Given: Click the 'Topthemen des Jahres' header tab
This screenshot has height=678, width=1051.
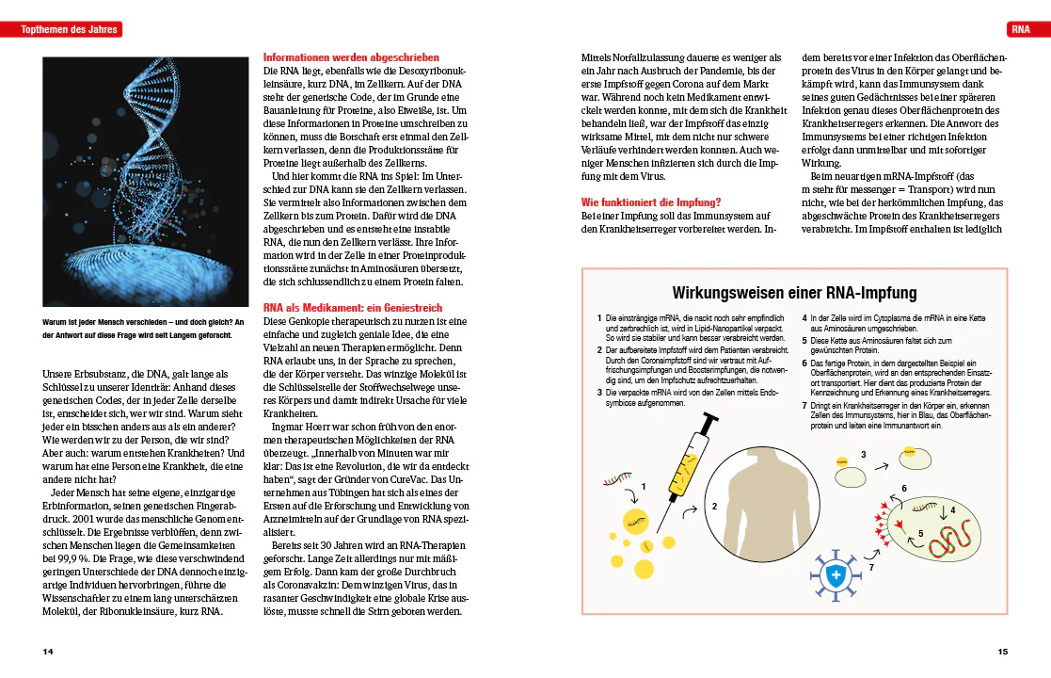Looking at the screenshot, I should [x=72, y=30].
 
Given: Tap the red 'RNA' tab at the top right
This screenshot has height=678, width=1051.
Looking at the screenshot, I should [x=1020, y=30].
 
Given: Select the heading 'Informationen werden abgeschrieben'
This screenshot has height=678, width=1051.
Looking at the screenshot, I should [x=351, y=57].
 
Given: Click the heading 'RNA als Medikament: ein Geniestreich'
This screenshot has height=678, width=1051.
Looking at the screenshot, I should [x=352, y=308].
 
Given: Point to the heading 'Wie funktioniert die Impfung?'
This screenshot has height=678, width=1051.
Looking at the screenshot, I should [x=651, y=202].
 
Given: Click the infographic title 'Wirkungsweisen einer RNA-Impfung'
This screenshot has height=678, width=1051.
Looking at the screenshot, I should [x=795, y=293].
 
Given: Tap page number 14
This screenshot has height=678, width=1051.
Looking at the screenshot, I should [x=48, y=651].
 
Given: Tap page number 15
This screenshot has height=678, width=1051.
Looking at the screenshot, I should [x=1003, y=651].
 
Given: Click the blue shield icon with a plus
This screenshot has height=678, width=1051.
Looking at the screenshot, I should [x=833, y=575].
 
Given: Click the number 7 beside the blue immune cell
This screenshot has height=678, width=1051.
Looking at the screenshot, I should [x=871, y=568].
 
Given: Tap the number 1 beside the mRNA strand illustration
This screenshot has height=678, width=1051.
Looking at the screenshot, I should [x=644, y=486].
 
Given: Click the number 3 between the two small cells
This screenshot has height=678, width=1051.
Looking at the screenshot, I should [x=863, y=455].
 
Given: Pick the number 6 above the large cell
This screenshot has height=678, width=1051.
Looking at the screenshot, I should [x=903, y=489].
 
